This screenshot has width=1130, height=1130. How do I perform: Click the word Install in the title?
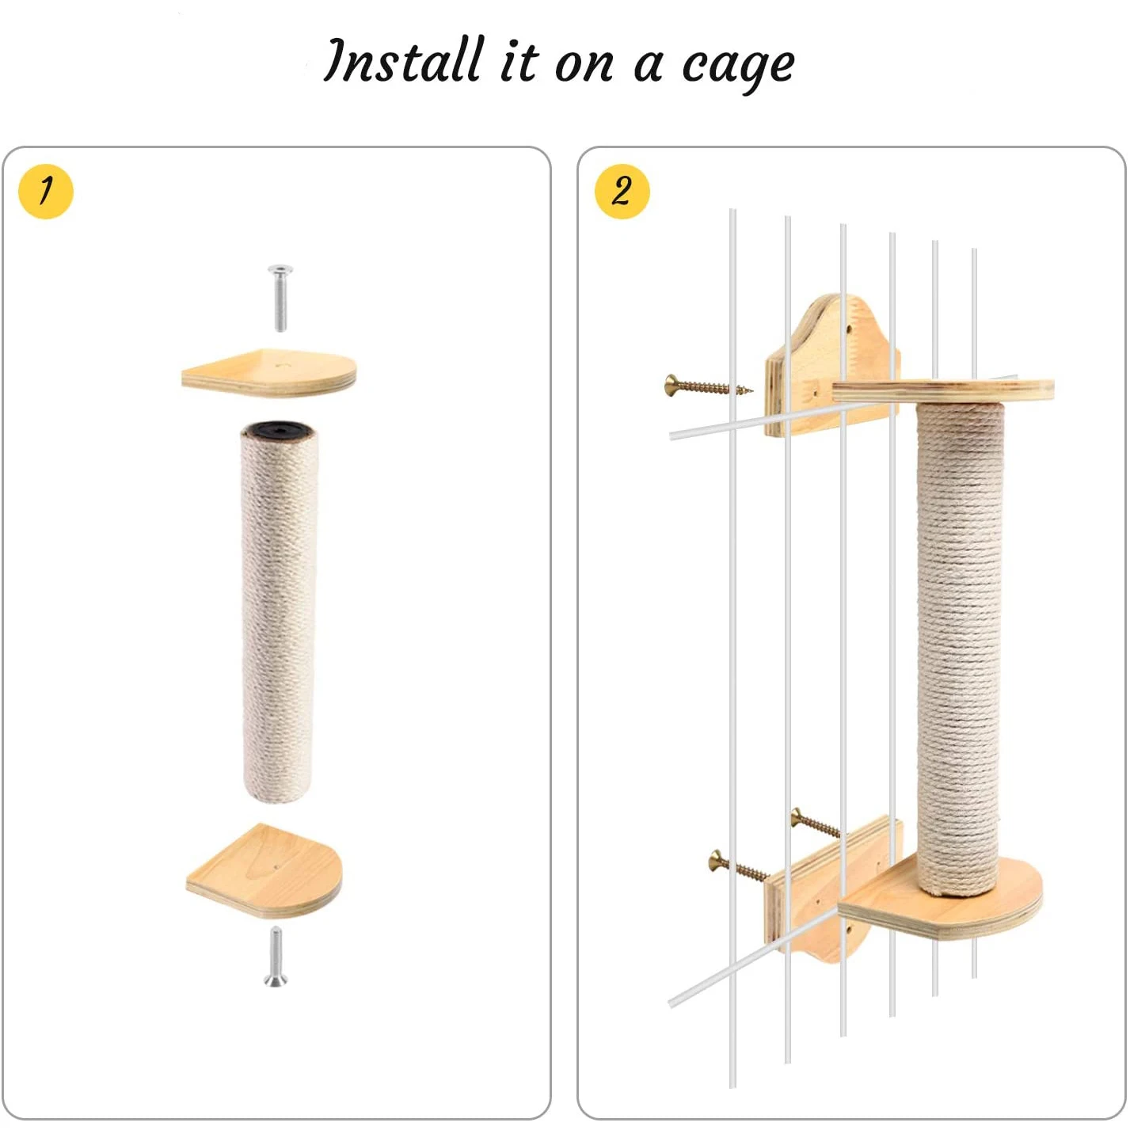(404, 60)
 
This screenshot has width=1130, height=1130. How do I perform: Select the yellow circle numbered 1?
(46, 192)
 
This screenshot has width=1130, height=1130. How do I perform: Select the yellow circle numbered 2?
(622, 192)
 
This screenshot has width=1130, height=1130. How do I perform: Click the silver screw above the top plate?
(280, 298)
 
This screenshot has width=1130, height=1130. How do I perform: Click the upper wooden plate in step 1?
(269, 372)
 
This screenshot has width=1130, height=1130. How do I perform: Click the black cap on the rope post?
(279, 430)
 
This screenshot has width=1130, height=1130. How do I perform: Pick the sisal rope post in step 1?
(279, 610)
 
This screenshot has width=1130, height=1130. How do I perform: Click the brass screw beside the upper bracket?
(709, 386)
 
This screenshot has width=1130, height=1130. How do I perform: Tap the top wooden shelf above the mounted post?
(943, 390)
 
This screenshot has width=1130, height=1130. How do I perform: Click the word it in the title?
(519, 62)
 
